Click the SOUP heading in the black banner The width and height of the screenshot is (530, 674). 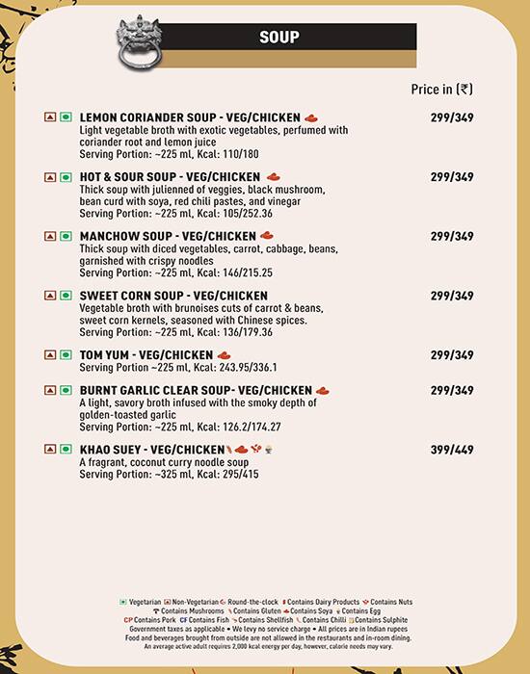tap(279, 38)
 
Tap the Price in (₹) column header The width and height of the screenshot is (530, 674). tap(441, 89)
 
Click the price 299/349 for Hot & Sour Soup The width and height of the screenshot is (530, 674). tap(452, 177)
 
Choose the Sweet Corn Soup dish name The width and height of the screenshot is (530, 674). tap(172, 296)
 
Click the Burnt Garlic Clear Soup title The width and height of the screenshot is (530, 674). tap(194, 391)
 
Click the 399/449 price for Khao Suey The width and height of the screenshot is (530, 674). tap(452, 450)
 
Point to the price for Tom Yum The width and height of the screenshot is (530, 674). tap(452, 355)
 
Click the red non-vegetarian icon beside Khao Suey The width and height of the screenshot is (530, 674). tap(49, 450)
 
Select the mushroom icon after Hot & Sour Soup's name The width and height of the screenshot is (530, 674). tap(273, 177)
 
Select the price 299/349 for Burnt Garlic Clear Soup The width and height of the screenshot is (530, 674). tap(452, 391)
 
